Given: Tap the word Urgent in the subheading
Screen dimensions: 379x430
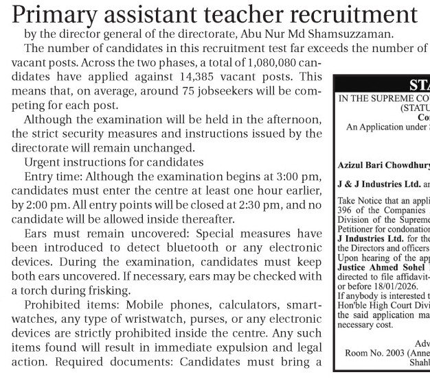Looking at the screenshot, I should pyautogui.click(x=42, y=162).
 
